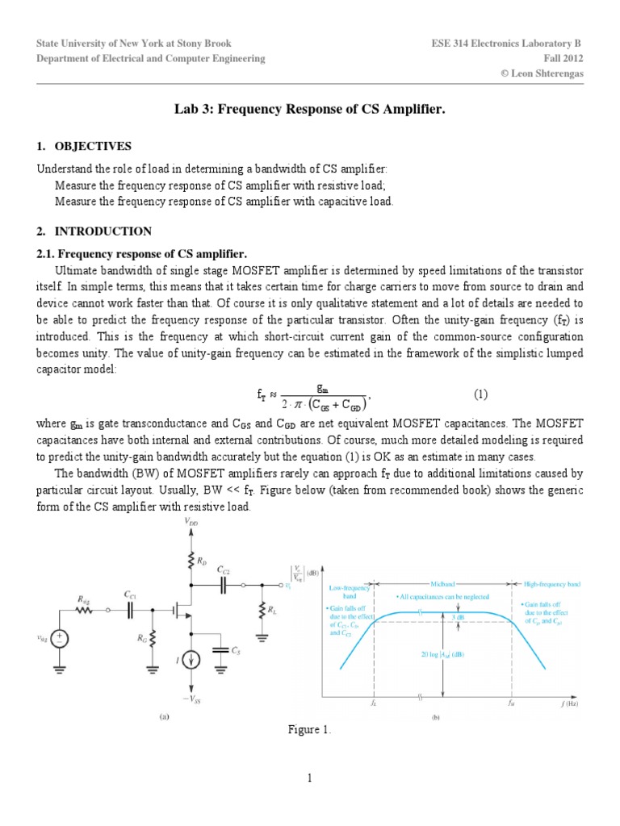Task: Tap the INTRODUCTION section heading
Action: point(103,232)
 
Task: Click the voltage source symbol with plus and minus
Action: point(62,638)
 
